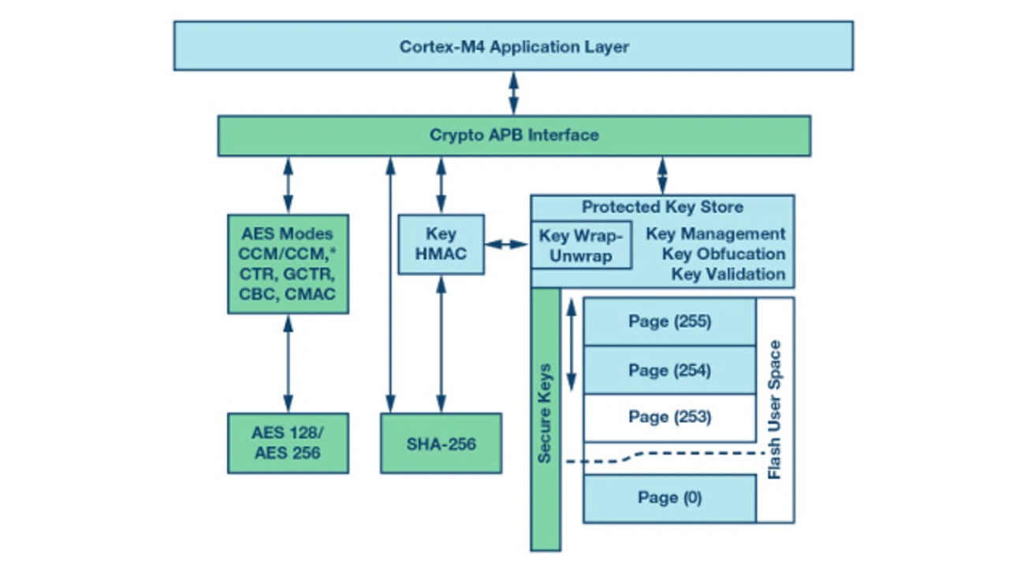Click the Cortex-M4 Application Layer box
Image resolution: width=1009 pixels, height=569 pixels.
[513, 47]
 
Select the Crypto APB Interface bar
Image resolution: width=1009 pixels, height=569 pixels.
[514, 135]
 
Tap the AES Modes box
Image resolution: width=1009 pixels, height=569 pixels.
[288, 264]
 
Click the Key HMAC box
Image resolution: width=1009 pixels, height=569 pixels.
[441, 245]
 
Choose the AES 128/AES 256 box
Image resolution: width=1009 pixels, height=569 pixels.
[288, 443]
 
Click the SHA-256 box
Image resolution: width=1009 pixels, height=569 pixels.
[441, 444]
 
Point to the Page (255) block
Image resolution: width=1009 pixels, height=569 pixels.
[669, 322]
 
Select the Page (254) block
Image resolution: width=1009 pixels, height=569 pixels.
[669, 370]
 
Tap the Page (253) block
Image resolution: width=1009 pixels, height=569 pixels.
[669, 417]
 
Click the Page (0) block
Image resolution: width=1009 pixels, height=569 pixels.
[669, 498]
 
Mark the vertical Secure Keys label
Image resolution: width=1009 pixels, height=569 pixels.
[545, 413]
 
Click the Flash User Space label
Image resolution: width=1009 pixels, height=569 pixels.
[775, 410]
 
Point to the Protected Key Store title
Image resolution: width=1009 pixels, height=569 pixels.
[662, 208]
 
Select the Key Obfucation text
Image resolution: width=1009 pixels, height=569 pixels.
[723, 254]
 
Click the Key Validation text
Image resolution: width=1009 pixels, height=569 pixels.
[728, 275]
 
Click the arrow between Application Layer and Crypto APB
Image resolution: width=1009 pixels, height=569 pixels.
[514, 93]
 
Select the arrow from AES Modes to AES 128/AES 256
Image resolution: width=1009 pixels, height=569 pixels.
[288, 363]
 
